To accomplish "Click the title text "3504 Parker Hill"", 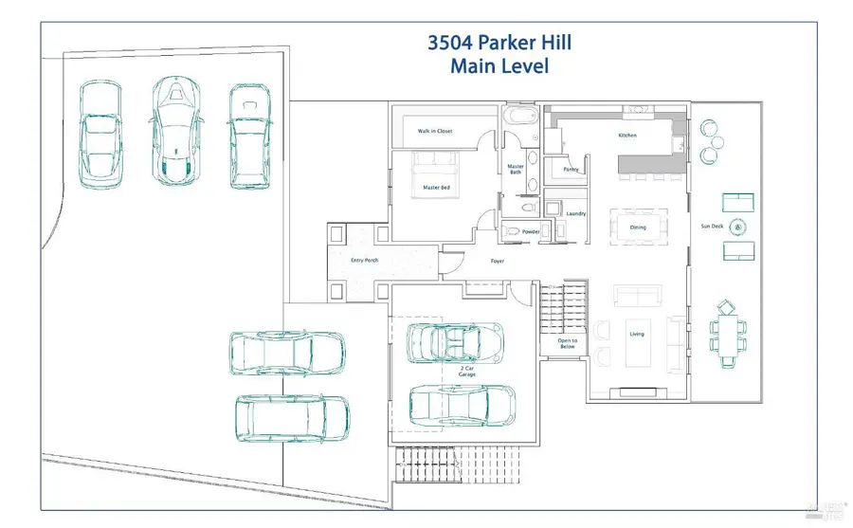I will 499,43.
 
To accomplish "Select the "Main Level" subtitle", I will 499,66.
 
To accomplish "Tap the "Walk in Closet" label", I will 435,131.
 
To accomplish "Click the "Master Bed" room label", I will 435,188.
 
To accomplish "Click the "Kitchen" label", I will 627,136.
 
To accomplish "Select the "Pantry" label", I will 571,170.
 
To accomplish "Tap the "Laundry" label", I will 575,213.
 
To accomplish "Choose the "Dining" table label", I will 638,228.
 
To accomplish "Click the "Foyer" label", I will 497,261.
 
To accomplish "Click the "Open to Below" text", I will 567,343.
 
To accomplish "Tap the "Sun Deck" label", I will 711,227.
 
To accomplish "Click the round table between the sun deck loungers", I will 739,227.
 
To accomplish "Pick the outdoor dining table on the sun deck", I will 728,333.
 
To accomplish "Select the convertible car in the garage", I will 455,342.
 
